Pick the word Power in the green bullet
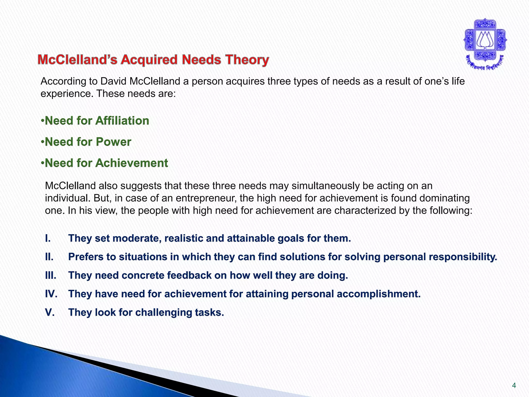[113, 142]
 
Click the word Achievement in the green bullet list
[132, 163]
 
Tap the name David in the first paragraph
[113, 81]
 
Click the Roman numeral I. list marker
[48, 239]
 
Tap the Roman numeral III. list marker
[51, 276]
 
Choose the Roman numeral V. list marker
[50, 312]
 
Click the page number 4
[514, 386]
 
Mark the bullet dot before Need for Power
[43, 142]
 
